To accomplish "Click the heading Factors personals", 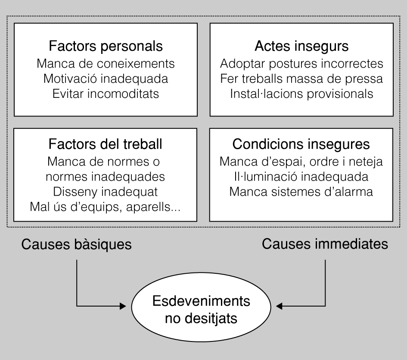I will pos(106,46).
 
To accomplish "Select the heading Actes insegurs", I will pos(301,46).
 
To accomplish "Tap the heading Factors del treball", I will pos(106,144).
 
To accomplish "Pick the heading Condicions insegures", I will pos(301,144).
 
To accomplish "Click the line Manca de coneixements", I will pos(106,64).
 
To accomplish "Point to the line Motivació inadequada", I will pos(106,79).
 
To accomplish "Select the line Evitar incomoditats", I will pos(106,94).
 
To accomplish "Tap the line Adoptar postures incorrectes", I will pos(301,64).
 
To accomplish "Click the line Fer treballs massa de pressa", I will pos(301,79).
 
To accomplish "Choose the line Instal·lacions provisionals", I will pos(301,94).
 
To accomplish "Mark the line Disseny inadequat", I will pos(106,191).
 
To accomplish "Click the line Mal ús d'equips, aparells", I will pos(106,206).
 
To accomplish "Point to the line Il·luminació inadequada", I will pos(301,176).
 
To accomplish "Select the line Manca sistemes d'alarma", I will pos(301,191).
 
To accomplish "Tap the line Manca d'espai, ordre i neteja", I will pos(301,162).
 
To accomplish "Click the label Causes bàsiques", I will pos(77,245).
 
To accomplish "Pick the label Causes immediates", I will pos(325,244).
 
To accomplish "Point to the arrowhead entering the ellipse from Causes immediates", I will pos(280,307).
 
